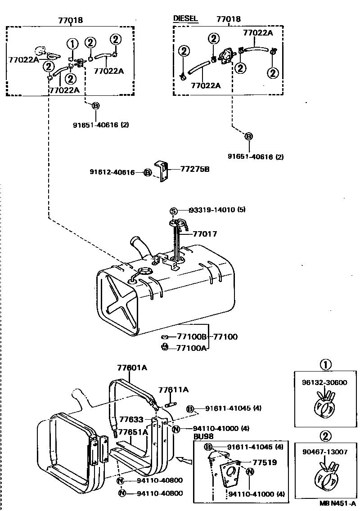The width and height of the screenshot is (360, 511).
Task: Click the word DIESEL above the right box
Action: (185, 18)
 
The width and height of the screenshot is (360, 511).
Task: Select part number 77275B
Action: (195, 169)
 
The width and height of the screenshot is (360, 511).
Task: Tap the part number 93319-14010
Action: (217, 210)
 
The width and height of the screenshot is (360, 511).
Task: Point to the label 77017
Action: (205, 234)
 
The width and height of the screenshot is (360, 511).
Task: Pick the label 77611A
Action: (173, 390)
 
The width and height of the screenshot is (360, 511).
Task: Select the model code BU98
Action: (203, 436)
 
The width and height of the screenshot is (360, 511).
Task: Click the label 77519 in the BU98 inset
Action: (264, 462)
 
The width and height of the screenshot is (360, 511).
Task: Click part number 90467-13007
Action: (324, 452)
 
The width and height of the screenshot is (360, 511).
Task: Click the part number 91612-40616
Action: (112, 172)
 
